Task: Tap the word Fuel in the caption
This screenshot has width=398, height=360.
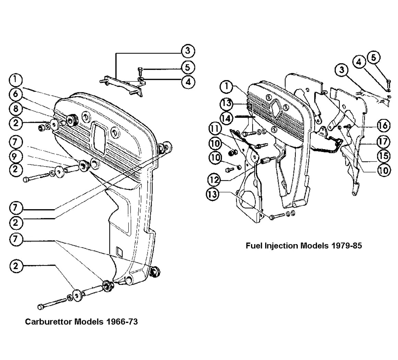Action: [x=254, y=245]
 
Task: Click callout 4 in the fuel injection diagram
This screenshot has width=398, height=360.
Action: [x=359, y=62]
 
